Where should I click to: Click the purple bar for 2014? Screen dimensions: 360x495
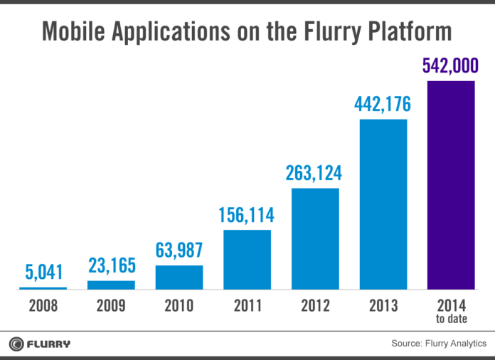click(450, 185)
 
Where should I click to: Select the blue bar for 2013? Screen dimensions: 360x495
click(383, 205)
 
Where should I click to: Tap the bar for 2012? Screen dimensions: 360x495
click(315, 239)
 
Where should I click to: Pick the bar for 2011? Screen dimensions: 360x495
click(247, 260)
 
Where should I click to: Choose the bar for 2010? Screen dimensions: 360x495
click(179, 277)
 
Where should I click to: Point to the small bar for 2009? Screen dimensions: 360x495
click(111, 285)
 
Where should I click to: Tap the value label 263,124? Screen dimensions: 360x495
click(315, 174)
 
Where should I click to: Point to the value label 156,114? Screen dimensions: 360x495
click(247, 215)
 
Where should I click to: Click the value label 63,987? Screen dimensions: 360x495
click(179, 250)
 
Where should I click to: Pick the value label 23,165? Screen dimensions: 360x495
click(111, 265)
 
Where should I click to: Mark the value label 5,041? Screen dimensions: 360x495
click(43, 272)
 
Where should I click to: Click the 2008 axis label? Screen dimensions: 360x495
click(43, 307)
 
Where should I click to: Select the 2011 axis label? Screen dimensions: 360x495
click(247, 307)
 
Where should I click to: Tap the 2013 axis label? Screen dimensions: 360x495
click(383, 307)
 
